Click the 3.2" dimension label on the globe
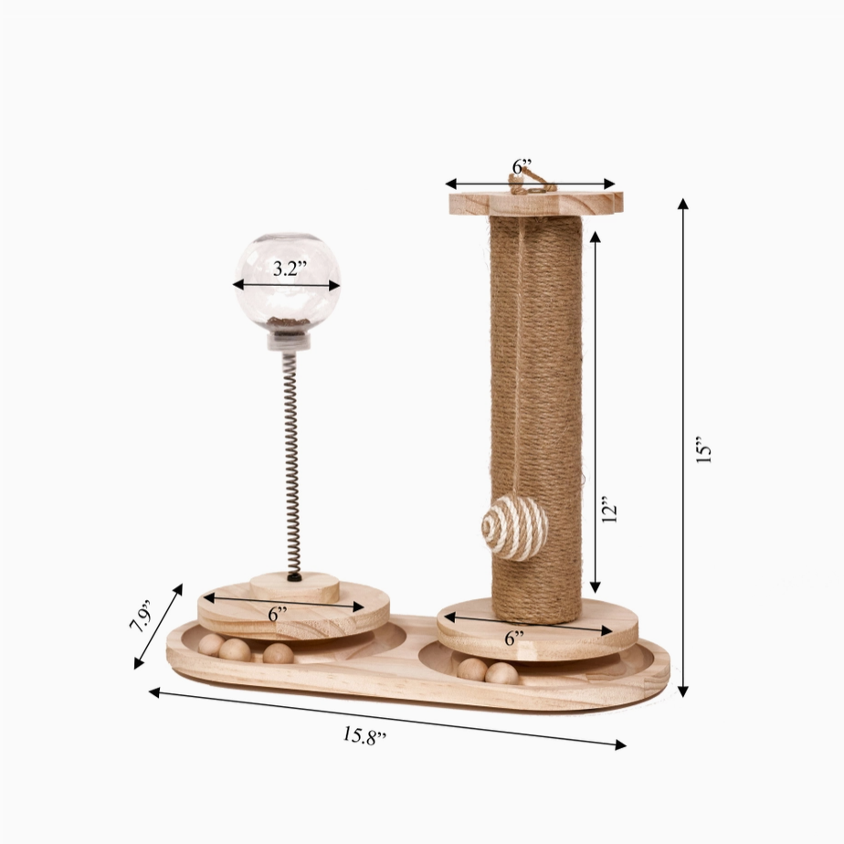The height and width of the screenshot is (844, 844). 290,268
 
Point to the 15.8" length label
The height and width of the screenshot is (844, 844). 364,735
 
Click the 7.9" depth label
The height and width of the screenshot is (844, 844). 142,616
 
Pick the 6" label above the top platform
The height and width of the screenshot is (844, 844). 522,167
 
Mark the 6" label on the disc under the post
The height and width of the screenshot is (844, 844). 514,638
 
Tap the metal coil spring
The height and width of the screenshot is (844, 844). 290,464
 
